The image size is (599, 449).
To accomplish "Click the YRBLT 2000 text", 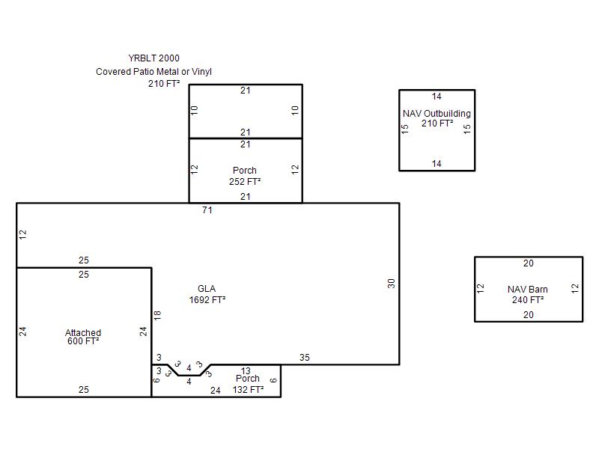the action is [x=153, y=58].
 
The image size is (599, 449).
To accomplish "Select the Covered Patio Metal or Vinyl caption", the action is [x=153, y=71].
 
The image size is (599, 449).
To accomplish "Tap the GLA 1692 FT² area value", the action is [x=207, y=300].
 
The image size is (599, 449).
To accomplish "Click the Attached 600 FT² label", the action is [x=83, y=337].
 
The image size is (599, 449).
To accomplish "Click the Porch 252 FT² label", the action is [x=245, y=176].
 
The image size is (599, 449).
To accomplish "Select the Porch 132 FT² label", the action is [x=248, y=384].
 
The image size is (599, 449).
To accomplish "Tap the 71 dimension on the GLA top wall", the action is [x=207, y=210].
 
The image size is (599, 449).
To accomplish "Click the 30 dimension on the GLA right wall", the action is [x=391, y=284].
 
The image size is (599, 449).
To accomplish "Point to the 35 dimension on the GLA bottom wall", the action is [x=305, y=358].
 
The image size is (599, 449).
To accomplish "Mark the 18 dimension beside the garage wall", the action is [x=157, y=315].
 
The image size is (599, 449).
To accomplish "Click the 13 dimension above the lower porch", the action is [x=246, y=370].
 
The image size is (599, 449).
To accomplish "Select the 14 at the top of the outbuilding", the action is [x=437, y=97].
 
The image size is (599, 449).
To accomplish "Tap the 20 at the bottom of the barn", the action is [x=529, y=314].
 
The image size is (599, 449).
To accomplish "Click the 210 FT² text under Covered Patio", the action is [x=164, y=84].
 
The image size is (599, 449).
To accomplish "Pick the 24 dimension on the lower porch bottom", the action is [x=216, y=390].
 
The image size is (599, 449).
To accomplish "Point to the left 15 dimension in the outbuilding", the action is [x=405, y=129].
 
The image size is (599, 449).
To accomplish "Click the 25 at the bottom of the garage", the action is [x=84, y=389].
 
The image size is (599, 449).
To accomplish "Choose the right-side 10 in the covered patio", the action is [x=295, y=111].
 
